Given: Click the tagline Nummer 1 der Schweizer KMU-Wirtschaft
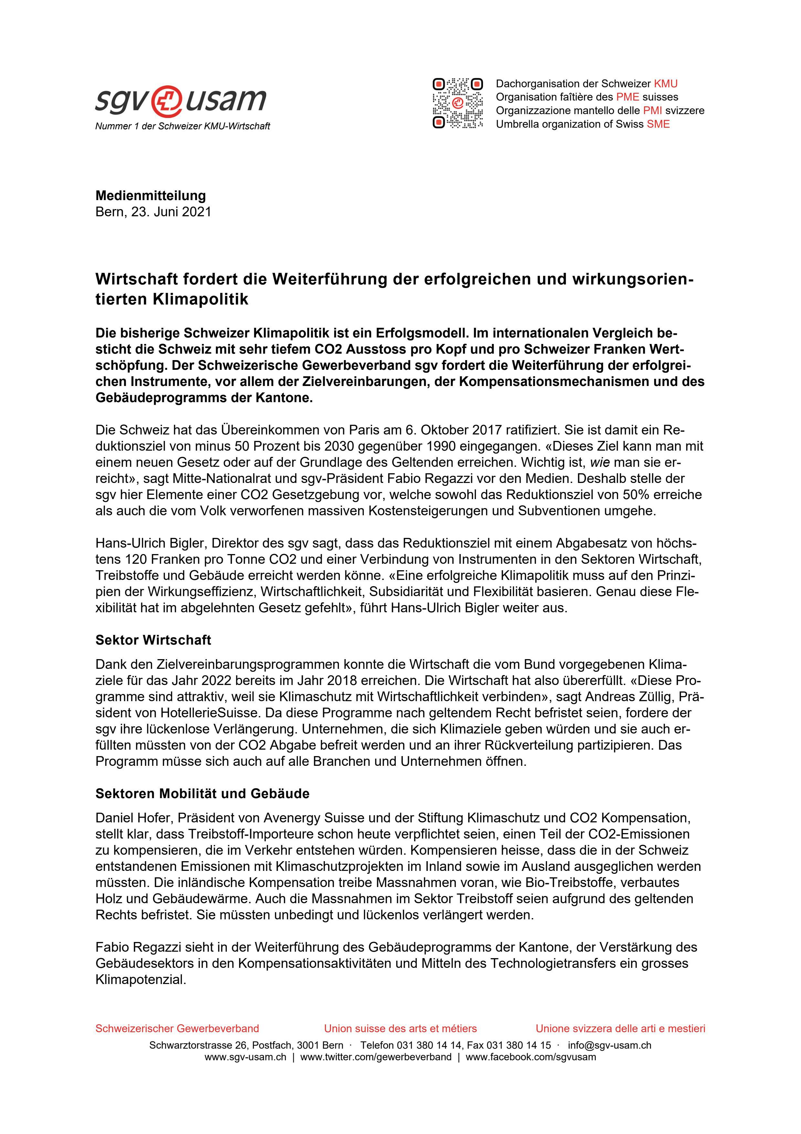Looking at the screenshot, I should (183, 126).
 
